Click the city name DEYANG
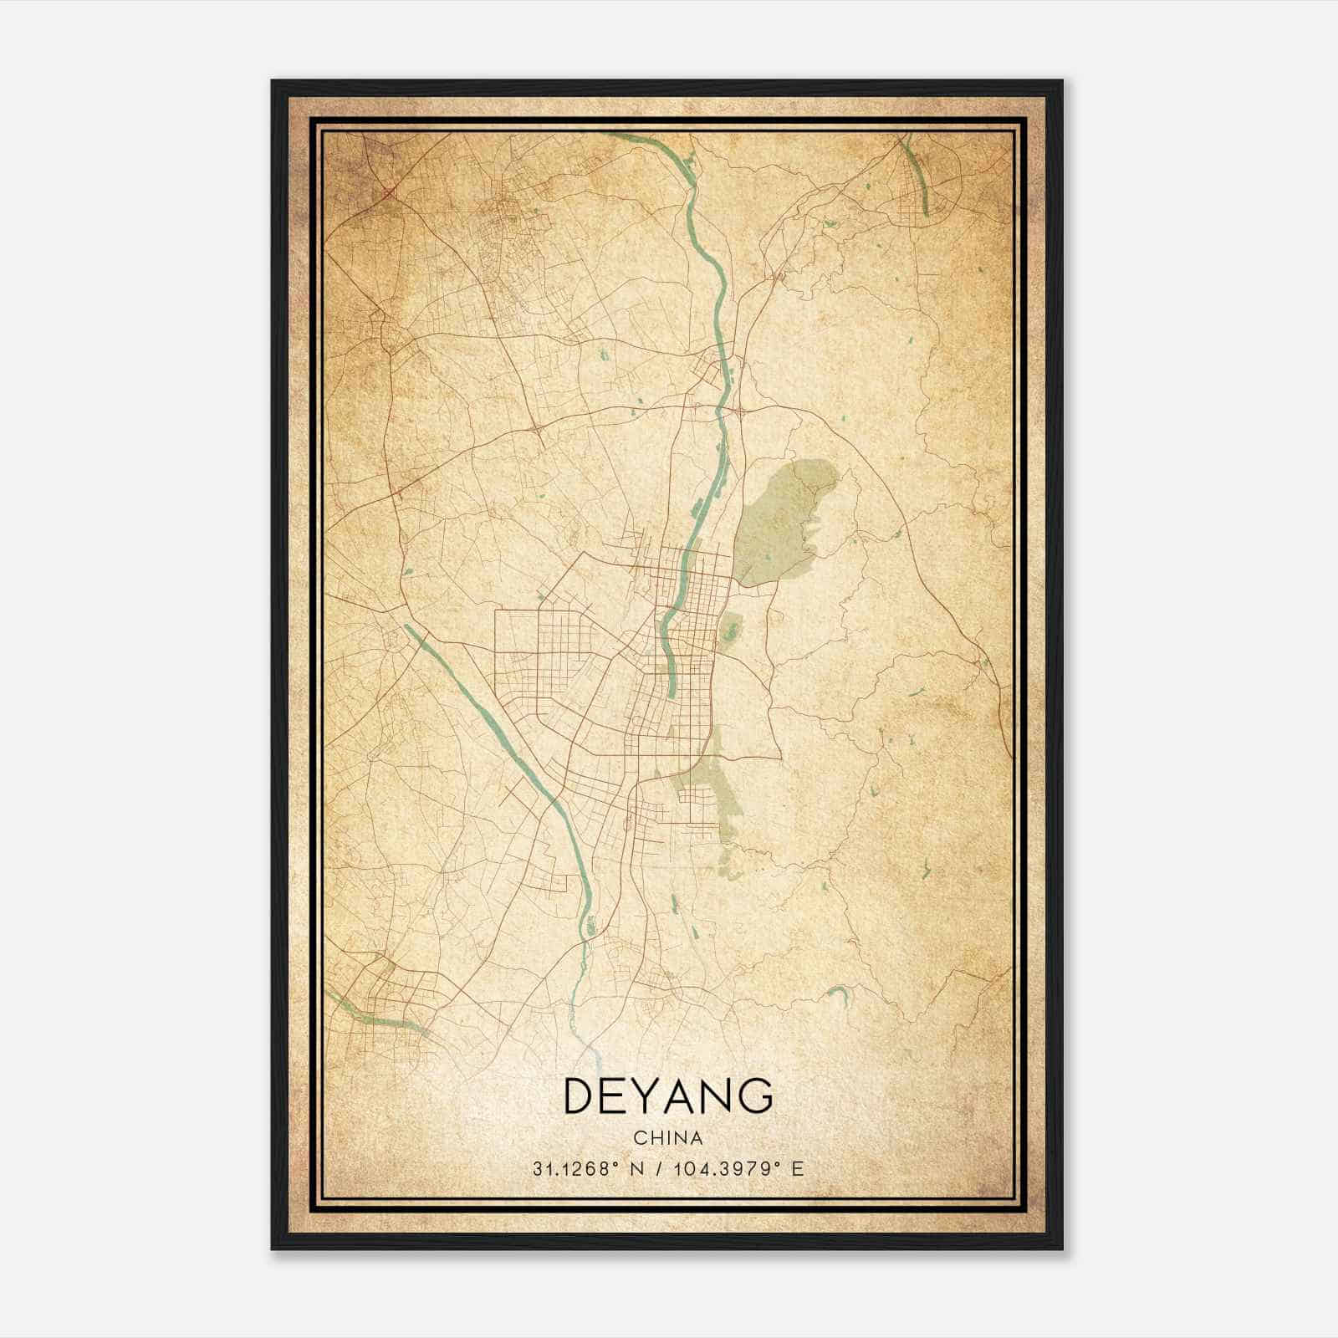668,1096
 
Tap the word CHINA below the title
668,1138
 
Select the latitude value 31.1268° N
588,1169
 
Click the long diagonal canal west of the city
485,719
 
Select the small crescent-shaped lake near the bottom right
837,993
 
